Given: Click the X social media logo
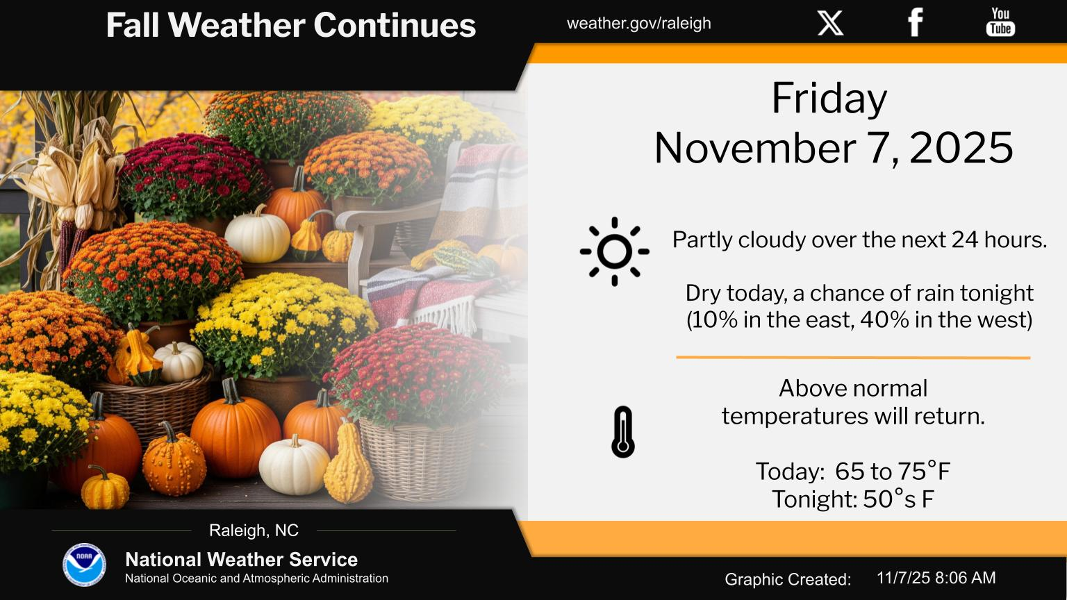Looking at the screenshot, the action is click(830, 23).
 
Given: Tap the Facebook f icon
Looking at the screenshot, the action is click(915, 22).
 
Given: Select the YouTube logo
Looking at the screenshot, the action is click(1000, 22).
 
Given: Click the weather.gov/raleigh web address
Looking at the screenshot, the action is click(639, 23).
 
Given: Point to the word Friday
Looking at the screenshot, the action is click(829, 99).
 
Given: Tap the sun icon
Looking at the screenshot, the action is click(615, 251).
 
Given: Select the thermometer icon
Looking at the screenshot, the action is click(623, 432).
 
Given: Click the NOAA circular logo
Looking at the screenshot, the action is click(84, 565).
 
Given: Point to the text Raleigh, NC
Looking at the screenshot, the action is click(254, 530).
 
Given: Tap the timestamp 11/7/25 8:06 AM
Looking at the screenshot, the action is click(936, 578).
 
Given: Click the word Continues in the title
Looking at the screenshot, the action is click(395, 25).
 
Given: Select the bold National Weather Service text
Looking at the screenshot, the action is click(242, 560).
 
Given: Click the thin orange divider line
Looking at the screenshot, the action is click(853, 357).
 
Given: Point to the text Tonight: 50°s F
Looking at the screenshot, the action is click(852, 499).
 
